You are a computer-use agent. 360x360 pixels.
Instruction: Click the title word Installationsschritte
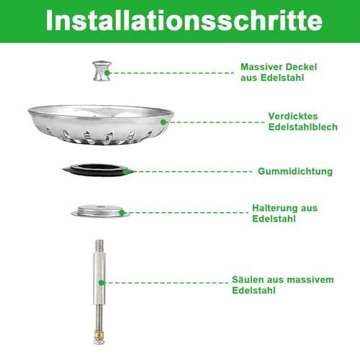click(180, 21)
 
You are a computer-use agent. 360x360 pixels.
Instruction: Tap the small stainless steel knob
click(100, 73)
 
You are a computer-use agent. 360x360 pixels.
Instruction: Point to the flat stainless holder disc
click(100, 211)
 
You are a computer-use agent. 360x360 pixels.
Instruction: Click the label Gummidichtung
click(295, 171)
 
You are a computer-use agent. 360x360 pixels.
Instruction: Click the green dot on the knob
click(111, 73)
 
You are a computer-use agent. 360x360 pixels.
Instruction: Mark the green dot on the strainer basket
click(163, 122)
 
